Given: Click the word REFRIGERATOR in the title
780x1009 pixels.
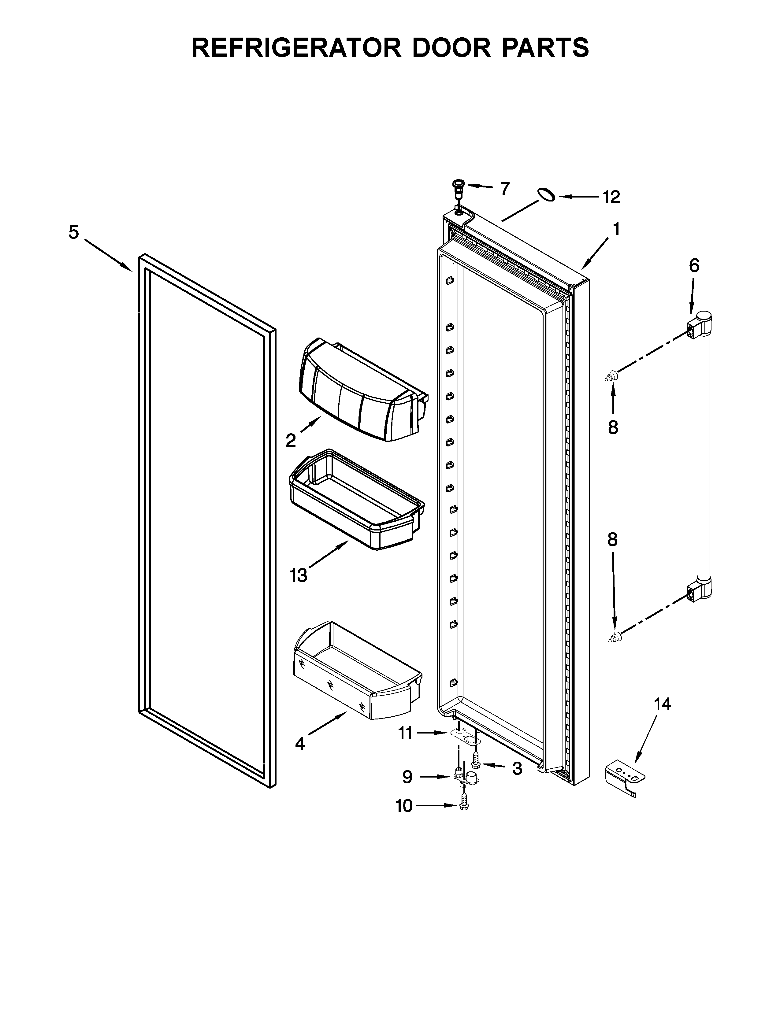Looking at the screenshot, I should tap(296, 48).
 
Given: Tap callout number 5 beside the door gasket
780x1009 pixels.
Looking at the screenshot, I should tap(74, 232).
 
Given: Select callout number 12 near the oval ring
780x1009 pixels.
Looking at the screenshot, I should tap(611, 198).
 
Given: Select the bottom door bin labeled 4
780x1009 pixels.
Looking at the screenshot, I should tap(356, 670).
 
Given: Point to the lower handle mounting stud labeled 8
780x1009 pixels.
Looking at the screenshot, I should tap(614, 638).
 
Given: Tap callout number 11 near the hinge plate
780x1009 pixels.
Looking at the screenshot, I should tap(405, 733).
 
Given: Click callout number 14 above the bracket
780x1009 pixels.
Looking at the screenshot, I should tap(662, 704).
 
